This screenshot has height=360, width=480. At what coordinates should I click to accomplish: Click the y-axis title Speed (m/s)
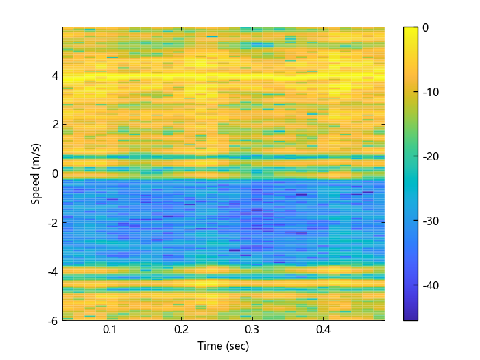[x=35, y=173]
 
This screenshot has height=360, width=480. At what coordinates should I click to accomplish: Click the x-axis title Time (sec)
[x=224, y=346]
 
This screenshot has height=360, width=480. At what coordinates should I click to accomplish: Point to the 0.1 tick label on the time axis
[x=110, y=330]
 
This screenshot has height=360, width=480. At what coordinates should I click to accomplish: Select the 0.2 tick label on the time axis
[x=181, y=330]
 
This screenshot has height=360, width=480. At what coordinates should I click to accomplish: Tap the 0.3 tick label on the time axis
[x=252, y=330]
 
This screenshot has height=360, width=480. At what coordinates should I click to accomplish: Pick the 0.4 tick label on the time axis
[x=324, y=330]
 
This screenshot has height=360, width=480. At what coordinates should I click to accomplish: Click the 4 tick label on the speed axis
[x=54, y=75]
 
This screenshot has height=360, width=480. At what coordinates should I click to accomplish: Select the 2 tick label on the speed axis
[x=54, y=124]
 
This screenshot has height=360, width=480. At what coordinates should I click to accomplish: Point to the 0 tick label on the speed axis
[x=54, y=173]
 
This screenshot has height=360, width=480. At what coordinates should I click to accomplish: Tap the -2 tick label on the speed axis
[x=52, y=222]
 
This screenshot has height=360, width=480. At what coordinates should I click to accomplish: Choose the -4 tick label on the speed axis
[x=52, y=272]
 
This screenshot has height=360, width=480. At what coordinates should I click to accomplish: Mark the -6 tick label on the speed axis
[x=52, y=320]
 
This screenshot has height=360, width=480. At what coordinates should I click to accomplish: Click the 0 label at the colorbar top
[x=426, y=28]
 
